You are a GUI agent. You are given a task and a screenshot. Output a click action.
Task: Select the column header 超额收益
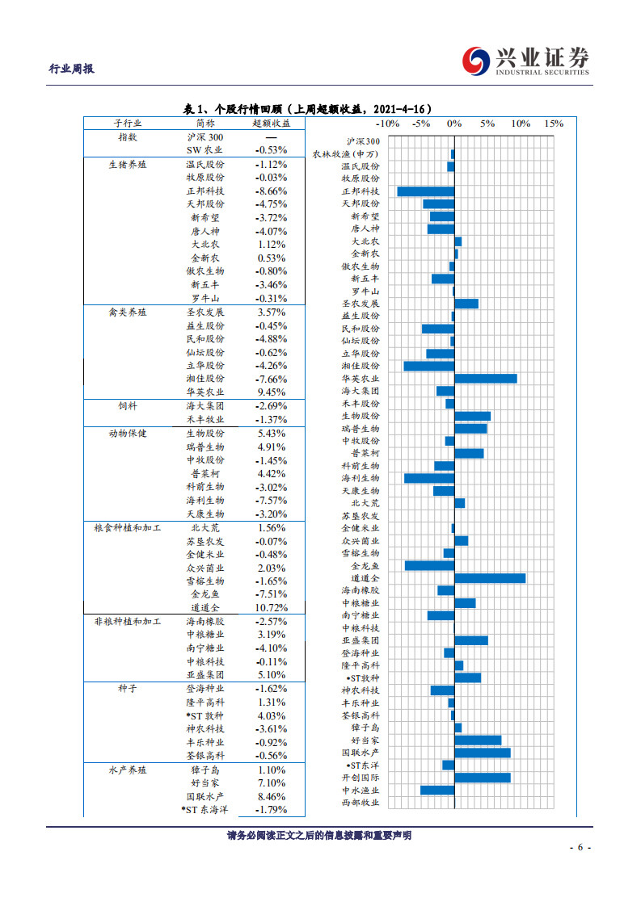click(271, 124)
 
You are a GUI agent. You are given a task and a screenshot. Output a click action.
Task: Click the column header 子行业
click(127, 124)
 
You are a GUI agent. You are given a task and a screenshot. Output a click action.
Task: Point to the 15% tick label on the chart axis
click(553, 124)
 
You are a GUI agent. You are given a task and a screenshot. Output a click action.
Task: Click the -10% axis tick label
click(388, 124)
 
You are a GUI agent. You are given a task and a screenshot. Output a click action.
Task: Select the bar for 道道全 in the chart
click(490, 578)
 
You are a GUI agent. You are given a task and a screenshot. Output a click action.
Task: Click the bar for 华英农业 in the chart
click(486, 379)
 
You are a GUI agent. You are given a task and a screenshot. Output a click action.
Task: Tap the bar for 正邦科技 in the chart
click(426, 191)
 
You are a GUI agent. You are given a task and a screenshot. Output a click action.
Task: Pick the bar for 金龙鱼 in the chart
click(429, 565)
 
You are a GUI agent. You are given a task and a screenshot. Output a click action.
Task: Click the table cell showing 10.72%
click(271, 607)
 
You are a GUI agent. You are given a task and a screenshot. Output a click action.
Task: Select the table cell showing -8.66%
click(271, 191)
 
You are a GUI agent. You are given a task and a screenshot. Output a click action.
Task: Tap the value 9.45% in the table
click(271, 392)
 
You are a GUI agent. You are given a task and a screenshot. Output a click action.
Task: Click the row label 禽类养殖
click(128, 312)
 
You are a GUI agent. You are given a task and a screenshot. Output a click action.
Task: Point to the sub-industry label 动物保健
click(128, 433)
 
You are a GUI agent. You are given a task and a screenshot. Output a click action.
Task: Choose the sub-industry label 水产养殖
click(128, 770)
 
